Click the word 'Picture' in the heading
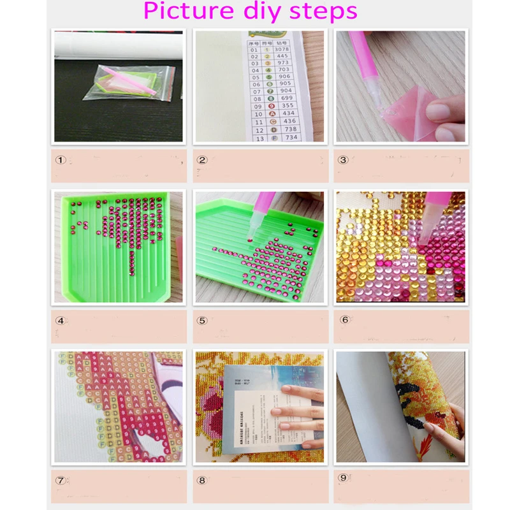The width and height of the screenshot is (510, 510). (x=186, y=11)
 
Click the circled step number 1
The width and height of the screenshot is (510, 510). (x=61, y=160)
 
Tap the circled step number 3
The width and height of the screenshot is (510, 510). (x=343, y=160)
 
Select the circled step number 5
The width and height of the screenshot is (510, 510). (x=202, y=320)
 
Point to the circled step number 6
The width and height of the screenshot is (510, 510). (x=345, y=319)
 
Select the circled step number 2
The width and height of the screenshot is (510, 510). (x=202, y=160)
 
